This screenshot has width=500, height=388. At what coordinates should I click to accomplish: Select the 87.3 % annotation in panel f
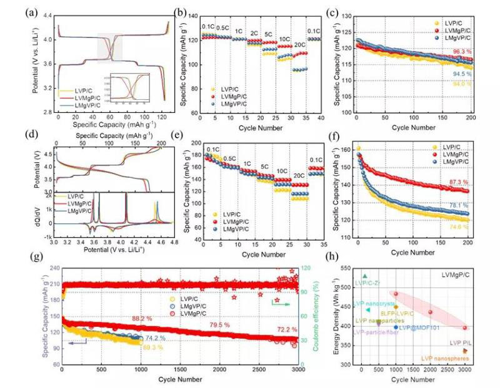point(460,182)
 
